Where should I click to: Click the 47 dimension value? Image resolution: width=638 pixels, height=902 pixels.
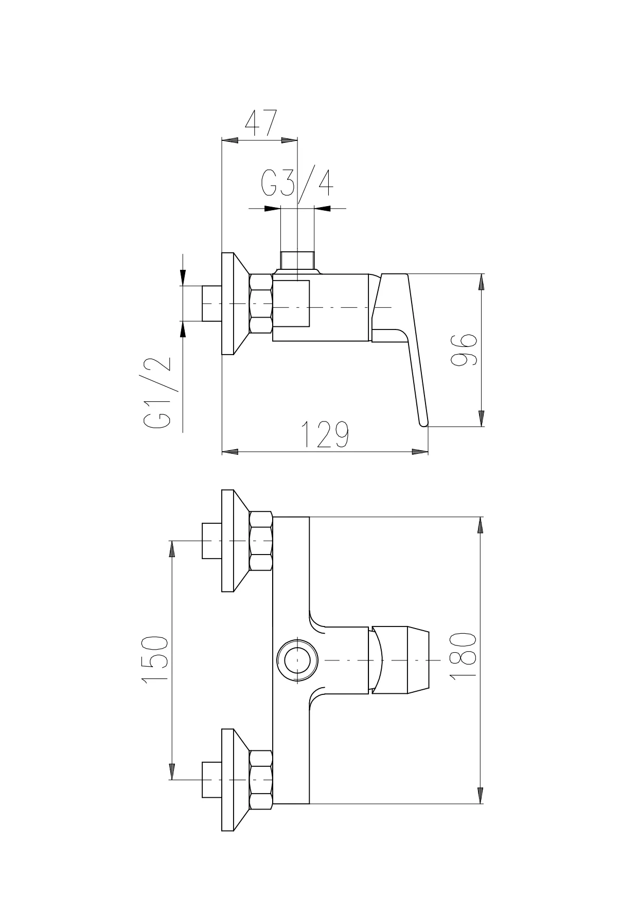click(x=261, y=122)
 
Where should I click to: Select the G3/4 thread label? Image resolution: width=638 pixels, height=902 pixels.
click(x=297, y=183)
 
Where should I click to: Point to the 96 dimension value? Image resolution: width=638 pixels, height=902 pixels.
click(x=464, y=350)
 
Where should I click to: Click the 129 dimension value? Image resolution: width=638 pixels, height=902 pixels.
click(x=325, y=434)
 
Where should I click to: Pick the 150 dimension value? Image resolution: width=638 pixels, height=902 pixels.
click(x=155, y=659)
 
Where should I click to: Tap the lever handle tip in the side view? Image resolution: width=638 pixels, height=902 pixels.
click(x=424, y=422)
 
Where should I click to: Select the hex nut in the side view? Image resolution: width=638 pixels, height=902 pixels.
click(x=261, y=304)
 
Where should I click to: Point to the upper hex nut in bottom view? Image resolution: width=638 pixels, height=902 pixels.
click(x=261, y=541)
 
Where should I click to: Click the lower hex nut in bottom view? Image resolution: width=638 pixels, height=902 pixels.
click(x=261, y=779)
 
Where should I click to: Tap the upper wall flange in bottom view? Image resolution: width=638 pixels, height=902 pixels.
click(x=235, y=541)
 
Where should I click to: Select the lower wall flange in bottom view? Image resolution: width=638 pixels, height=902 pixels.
click(x=235, y=779)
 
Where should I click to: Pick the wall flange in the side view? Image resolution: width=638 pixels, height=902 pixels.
click(x=235, y=304)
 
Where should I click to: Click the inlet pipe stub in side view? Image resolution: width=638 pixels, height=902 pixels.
click(x=212, y=304)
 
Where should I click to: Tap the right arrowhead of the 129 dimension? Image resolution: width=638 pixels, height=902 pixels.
click(x=420, y=452)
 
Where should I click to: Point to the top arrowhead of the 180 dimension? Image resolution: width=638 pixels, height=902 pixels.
click(x=481, y=525)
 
